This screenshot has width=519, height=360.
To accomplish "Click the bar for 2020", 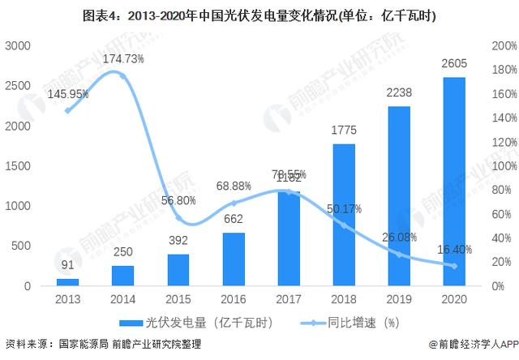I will [x=454, y=182].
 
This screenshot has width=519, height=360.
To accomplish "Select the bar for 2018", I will [x=344, y=215].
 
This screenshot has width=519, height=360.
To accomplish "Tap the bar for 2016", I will [x=234, y=259].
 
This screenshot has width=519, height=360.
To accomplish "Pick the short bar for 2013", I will [x=67, y=282].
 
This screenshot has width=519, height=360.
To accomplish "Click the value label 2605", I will [x=454, y=64].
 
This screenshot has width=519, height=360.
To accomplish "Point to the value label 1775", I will [x=344, y=130].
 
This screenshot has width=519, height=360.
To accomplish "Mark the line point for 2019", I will [x=399, y=255].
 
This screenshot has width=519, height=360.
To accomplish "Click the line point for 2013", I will [x=67, y=110].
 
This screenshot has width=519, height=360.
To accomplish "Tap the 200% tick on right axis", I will [x=504, y=47].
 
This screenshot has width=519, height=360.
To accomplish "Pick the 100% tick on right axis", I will [x=504, y=166].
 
